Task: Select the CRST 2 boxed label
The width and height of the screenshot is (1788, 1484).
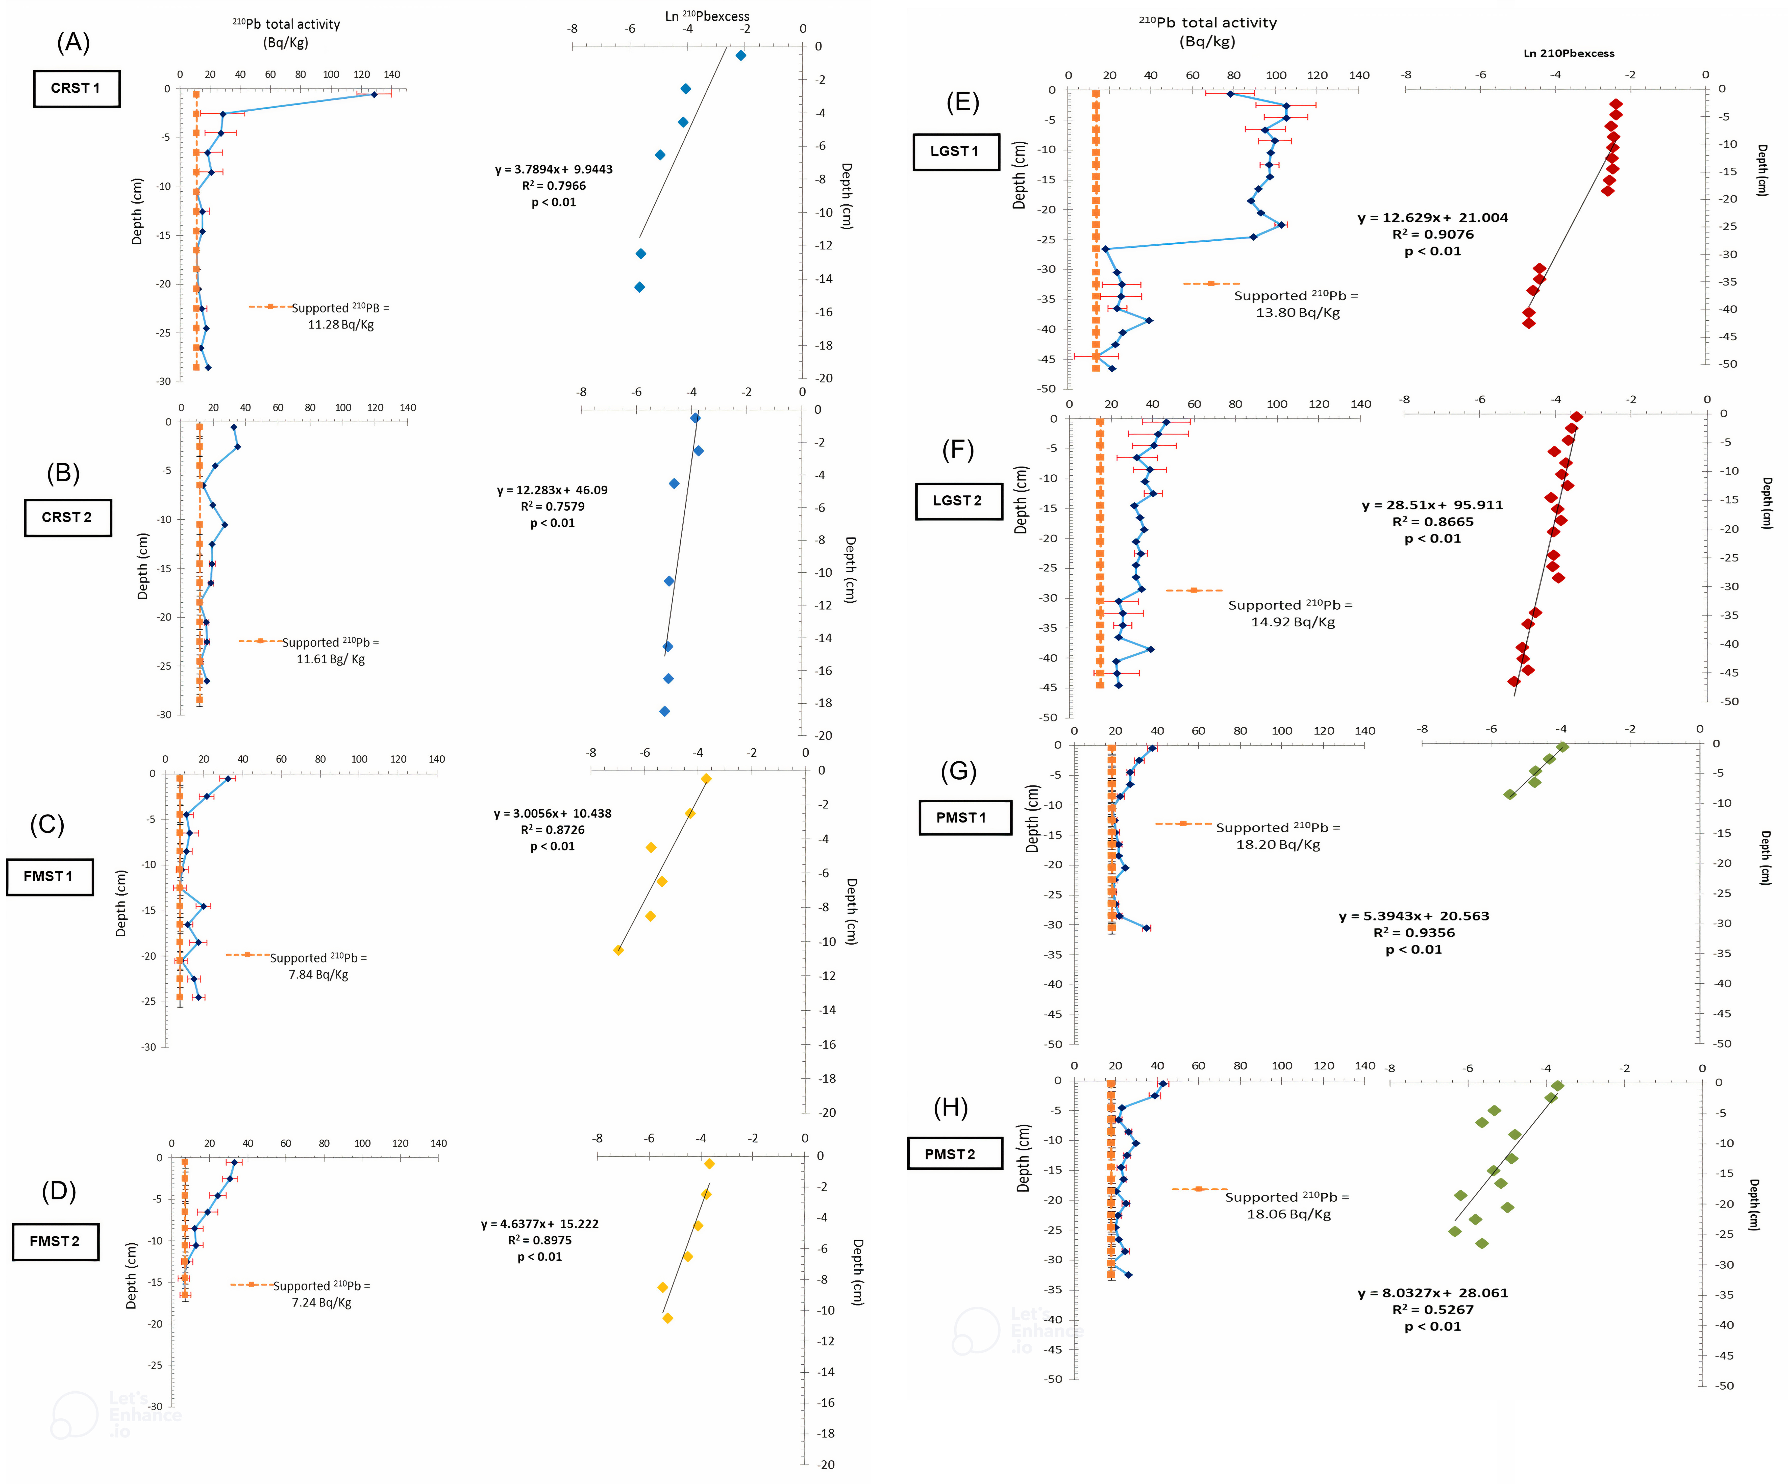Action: click(67, 518)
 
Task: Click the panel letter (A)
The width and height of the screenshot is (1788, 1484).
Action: click(73, 43)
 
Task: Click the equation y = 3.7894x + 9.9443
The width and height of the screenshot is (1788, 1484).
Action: click(553, 169)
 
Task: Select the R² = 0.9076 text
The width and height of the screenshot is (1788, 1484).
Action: click(1433, 235)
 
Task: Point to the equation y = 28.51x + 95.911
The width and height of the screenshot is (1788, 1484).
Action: click(1432, 506)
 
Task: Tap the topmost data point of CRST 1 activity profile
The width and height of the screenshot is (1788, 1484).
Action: click(373, 94)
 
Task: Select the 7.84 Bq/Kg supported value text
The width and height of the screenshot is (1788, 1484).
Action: click(318, 975)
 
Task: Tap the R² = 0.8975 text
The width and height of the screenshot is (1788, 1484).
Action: click(540, 1241)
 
